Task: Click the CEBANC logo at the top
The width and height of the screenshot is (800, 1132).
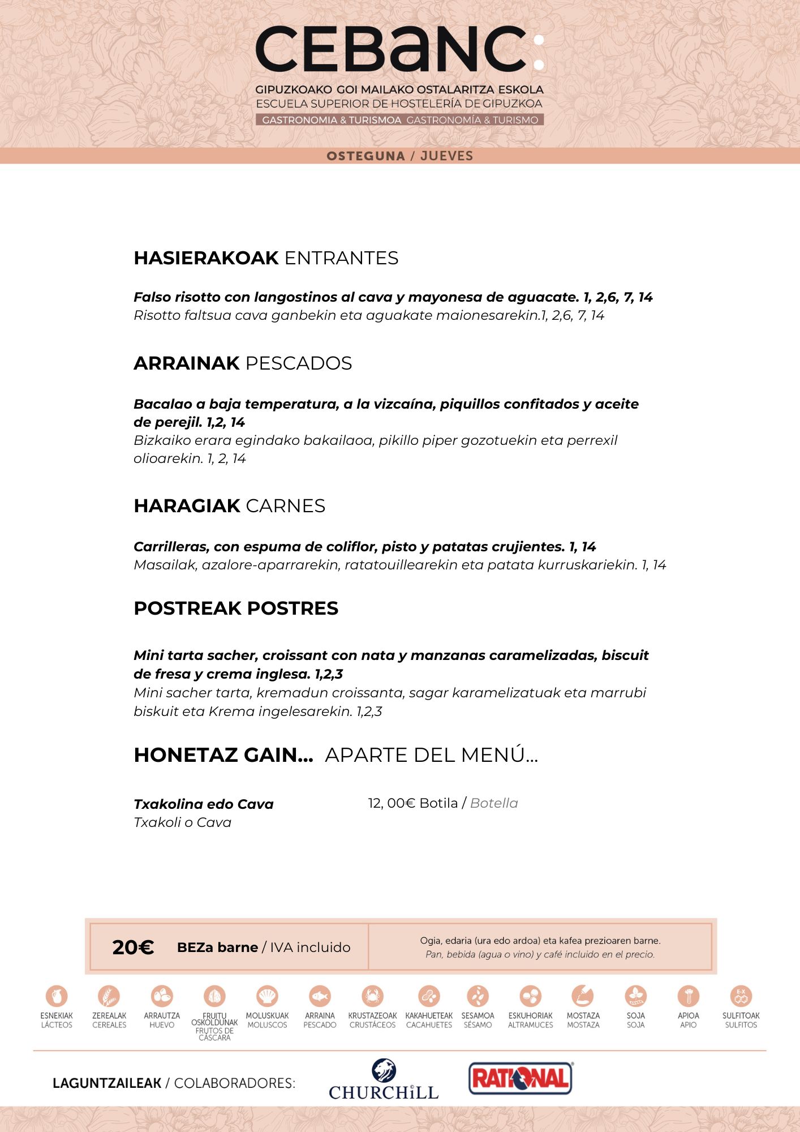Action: point(399,50)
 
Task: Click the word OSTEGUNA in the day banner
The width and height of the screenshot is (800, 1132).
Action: point(365,156)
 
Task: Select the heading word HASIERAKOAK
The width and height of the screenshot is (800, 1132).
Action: point(206,258)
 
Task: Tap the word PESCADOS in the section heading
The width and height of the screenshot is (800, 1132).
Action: point(299,363)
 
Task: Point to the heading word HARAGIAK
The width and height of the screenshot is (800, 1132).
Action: point(187,506)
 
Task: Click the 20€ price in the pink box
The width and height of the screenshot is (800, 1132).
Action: point(133,947)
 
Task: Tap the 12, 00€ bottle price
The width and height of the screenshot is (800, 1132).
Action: point(392,803)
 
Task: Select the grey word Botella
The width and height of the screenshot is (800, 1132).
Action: point(494,803)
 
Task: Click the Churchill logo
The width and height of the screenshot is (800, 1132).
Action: point(384,1080)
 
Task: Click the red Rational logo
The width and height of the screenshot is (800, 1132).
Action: point(521,1078)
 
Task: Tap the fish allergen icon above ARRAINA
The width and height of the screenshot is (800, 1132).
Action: point(320,996)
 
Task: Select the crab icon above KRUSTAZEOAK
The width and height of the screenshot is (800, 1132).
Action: point(372,996)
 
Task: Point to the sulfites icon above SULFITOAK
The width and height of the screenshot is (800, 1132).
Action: point(741,996)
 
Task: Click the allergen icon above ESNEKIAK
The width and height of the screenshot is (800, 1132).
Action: point(57,996)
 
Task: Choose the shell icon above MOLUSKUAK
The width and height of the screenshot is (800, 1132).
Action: point(267,996)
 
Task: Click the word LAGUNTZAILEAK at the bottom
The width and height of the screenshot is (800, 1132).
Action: point(107,1083)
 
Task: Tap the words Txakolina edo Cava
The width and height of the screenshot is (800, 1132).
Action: point(204,804)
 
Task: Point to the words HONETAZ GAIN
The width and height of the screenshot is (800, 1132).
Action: point(223,755)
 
